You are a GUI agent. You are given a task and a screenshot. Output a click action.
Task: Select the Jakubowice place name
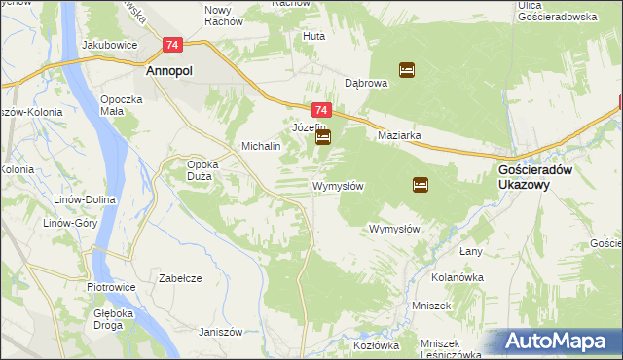[x=108, y=45]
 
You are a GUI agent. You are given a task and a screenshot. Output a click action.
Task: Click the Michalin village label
[x=261, y=146]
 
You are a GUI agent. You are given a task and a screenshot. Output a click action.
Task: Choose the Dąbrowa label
[x=367, y=84]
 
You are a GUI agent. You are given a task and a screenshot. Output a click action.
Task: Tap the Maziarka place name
[x=399, y=136]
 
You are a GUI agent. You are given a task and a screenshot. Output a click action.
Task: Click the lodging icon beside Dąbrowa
[x=407, y=69]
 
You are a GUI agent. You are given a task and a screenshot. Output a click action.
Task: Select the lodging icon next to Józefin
[x=323, y=138]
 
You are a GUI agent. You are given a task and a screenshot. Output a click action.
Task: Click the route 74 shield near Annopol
[x=173, y=45]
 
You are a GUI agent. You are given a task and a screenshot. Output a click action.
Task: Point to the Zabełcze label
[x=180, y=278]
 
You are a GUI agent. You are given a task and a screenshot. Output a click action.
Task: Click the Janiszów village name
[x=220, y=332]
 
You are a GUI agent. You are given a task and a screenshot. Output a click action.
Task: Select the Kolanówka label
[x=458, y=277]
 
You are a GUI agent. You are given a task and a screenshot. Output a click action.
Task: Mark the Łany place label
[x=471, y=251]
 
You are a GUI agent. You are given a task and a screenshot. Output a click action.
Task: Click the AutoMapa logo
[x=560, y=341]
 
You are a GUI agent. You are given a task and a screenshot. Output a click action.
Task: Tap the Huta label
[x=314, y=36]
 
